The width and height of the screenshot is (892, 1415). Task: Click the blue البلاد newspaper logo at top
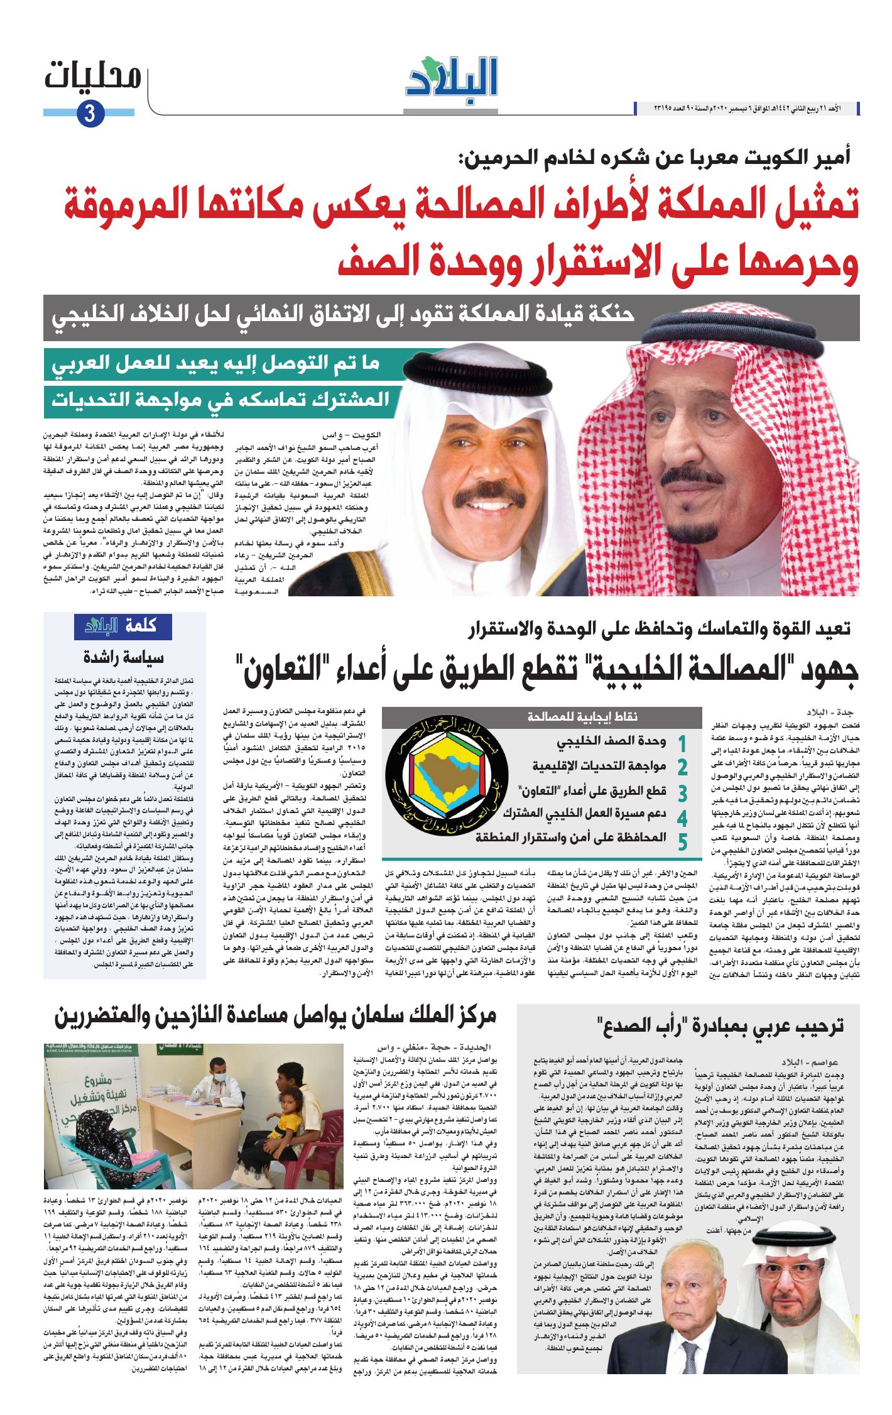tap(452, 77)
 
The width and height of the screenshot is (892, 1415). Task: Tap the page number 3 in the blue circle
tap(89, 113)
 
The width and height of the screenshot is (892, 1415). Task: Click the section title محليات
tap(93, 77)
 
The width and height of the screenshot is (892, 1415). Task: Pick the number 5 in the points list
tap(682, 841)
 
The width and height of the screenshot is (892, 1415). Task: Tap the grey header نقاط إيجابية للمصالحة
tap(582, 717)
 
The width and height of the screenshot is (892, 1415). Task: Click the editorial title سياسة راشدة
tap(123, 658)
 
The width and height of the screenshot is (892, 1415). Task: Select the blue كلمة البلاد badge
tap(122, 626)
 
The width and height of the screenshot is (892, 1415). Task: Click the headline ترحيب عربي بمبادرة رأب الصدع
tap(720, 1025)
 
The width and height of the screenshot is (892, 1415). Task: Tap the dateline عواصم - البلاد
tap(810, 1062)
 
